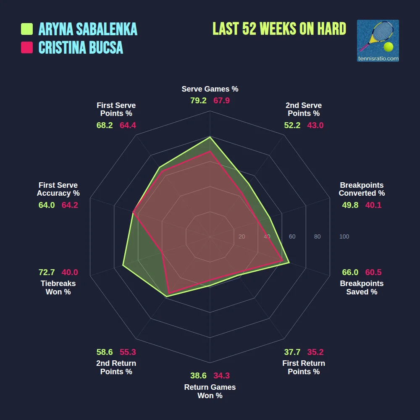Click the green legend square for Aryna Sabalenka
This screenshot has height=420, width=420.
(x=27, y=29)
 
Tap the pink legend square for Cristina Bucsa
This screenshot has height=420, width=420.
(x=27, y=47)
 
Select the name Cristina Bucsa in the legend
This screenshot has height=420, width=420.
(x=81, y=47)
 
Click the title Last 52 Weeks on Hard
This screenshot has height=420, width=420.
(x=279, y=29)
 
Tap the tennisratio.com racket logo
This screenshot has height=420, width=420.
(x=378, y=41)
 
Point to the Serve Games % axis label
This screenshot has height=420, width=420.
(x=210, y=89)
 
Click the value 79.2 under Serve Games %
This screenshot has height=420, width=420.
(x=198, y=101)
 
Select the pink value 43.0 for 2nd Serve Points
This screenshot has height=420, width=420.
(x=315, y=125)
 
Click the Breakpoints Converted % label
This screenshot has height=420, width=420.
(x=362, y=189)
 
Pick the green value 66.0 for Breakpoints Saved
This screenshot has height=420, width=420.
(x=350, y=272)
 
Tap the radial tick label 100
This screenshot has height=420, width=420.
(x=344, y=237)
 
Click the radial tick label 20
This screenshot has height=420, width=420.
(x=241, y=237)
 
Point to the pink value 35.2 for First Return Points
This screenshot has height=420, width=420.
(x=315, y=352)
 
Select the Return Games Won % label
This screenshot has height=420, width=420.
(x=210, y=391)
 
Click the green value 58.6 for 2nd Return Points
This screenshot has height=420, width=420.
(x=105, y=352)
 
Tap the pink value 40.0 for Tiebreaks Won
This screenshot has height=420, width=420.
(x=70, y=272)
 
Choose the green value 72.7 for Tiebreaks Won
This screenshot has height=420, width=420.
(x=47, y=272)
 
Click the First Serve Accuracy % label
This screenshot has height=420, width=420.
(x=58, y=189)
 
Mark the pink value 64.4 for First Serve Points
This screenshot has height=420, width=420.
(x=128, y=125)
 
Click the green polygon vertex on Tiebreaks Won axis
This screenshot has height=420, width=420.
(x=123, y=265)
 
